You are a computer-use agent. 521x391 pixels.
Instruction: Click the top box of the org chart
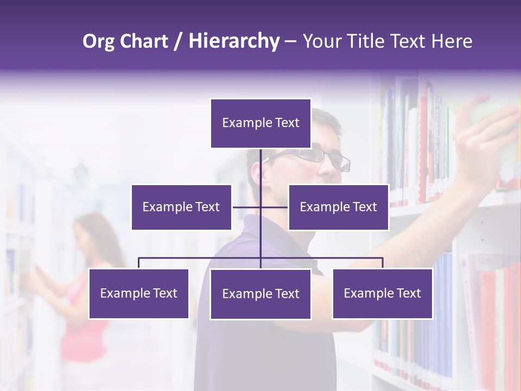[260, 123]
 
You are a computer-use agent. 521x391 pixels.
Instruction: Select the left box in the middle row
[181, 207]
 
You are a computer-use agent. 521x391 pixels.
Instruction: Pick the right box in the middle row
[338, 207]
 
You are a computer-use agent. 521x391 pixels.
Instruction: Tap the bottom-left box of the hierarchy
[138, 293]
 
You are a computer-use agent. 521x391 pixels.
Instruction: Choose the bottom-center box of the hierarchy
[260, 294]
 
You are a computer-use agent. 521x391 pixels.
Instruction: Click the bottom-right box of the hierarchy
[382, 293]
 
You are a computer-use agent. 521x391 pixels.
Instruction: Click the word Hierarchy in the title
[234, 41]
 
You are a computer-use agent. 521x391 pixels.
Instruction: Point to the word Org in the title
[98, 41]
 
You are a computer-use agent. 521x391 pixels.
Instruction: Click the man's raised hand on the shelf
[486, 136]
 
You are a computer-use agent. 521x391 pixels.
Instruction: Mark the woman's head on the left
[90, 231]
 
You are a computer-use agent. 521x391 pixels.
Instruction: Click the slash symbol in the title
[178, 41]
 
